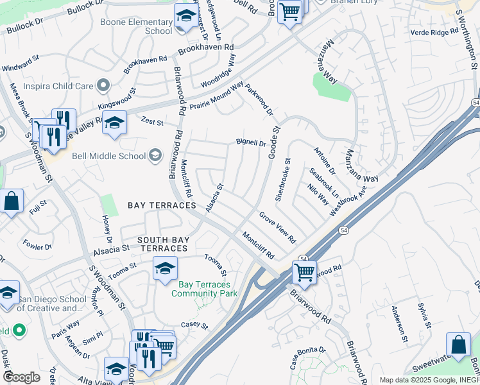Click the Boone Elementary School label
(135, 26)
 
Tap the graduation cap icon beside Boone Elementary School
(186, 17)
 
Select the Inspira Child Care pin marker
(103, 86)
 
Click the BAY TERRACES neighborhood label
(162, 205)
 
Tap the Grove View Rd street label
(277, 227)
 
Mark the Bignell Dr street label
(251, 142)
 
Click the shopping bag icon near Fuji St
(12, 201)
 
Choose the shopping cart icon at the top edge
(289, 11)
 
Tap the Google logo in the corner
(21, 377)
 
